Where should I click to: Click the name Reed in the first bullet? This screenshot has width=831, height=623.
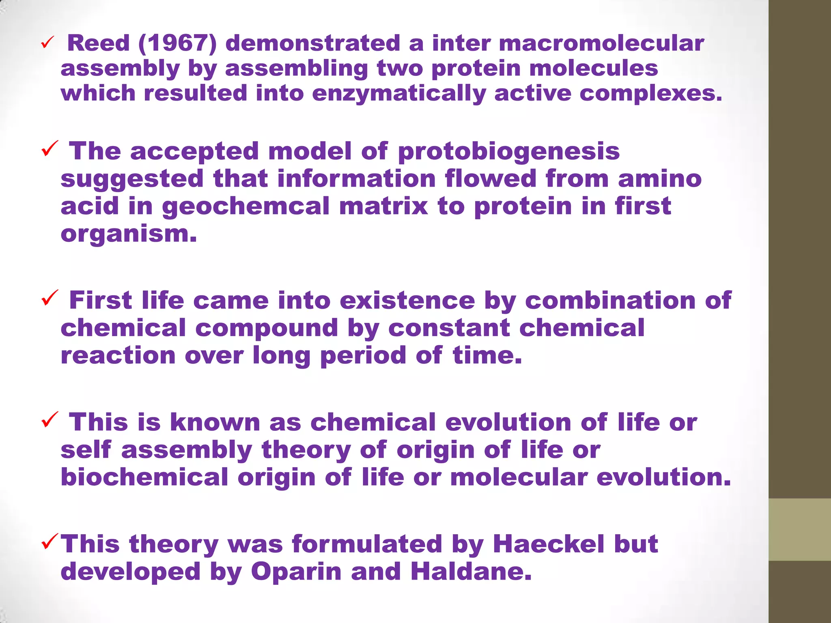click(x=98, y=43)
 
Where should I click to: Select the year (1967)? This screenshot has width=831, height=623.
click(x=177, y=43)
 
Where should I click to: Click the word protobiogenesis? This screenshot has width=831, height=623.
click(x=509, y=151)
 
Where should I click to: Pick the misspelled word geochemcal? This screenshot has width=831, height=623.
click(x=246, y=206)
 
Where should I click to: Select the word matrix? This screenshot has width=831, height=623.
click(x=383, y=206)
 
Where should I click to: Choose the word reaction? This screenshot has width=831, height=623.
click(x=118, y=355)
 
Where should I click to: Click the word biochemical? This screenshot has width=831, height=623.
click(x=144, y=477)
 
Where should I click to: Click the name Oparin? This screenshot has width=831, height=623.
click(x=296, y=572)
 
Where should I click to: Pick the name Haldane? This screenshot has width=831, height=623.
click(x=471, y=571)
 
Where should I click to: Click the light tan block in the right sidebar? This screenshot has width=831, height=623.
click(x=799, y=529)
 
